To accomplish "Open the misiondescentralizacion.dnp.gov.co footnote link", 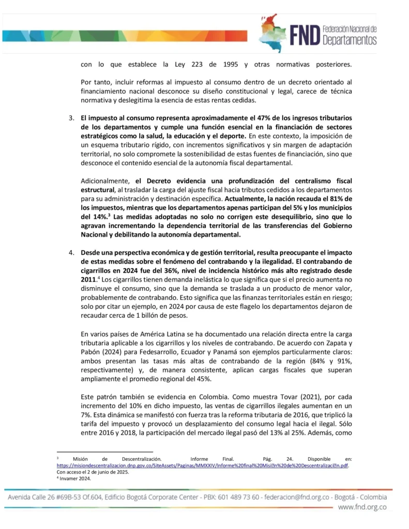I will click(202, 465).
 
